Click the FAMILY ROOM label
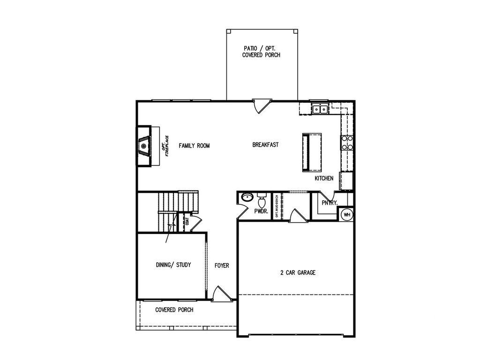(x=194, y=146)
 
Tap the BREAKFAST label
(x=265, y=145)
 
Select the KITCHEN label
(x=324, y=179)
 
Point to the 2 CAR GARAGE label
(x=298, y=272)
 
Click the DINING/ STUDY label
(x=173, y=265)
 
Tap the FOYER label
(x=222, y=266)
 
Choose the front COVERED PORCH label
(x=174, y=310)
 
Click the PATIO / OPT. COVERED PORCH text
(x=261, y=52)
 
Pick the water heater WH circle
(x=347, y=215)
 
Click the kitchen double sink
(x=320, y=109)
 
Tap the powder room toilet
(x=262, y=201)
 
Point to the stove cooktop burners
(x=347, y=142)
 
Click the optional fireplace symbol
(x=145, y=146)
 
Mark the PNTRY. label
(x=330, y=203)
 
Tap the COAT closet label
(x=187, y=221)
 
